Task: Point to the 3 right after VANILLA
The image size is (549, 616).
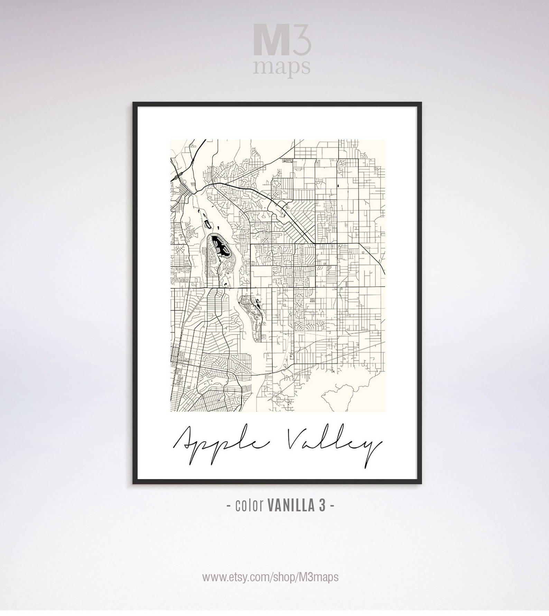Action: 322,506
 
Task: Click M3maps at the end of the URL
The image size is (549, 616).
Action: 317,577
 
